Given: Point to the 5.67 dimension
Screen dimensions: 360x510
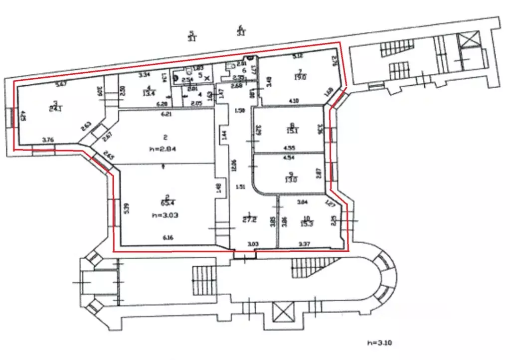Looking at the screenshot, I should [61, 84].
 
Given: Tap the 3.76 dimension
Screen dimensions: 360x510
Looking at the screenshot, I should [48, 140].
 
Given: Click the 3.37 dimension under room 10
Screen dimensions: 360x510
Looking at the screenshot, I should [305, 244].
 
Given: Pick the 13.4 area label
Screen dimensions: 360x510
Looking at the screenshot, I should [148, 92].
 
